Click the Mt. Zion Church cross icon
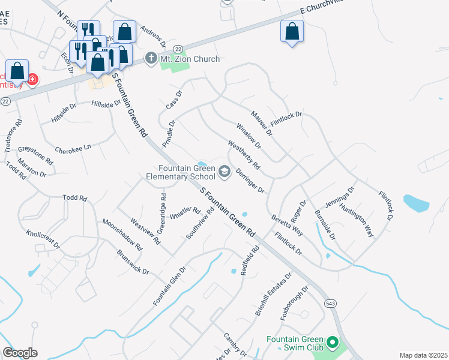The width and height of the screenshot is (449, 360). pyautogui.click(x=151, y=59)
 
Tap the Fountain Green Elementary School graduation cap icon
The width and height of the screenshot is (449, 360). pyautogui.click(x=224, y=173)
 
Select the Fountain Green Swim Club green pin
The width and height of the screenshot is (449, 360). pyautogui.click(x=332, y=344)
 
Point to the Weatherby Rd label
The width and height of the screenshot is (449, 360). pyautogui.click(x=244, y=154)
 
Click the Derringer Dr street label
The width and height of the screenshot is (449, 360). pyautogui.click(x=250, y=181)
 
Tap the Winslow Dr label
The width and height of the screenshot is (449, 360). pyautogui.click(x=249, y=136)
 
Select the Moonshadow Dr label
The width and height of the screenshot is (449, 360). pyautogui.click(x=122, y=235)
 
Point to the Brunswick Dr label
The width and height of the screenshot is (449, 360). pyautogui.click(x=133, y=262)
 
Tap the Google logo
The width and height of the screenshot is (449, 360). pyautogui.click(x=20, y=353)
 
